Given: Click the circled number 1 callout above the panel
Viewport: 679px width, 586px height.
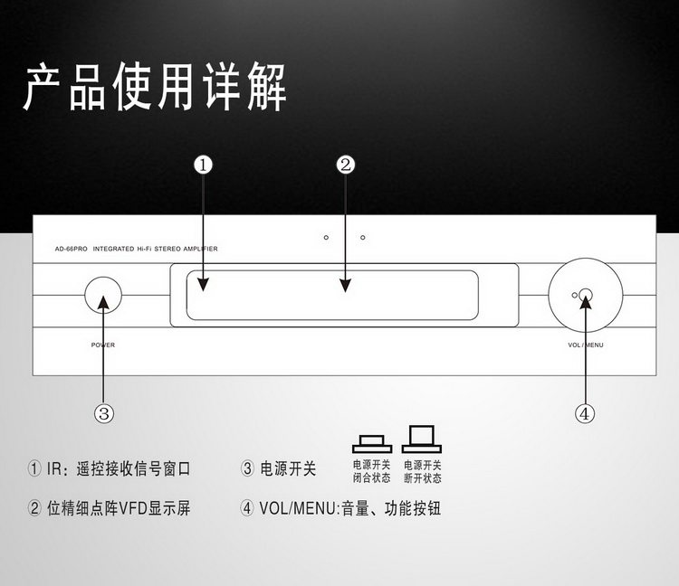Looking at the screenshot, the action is click(x=203, y=165).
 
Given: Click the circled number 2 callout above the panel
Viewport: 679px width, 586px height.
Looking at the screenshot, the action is click(x=345, y=165).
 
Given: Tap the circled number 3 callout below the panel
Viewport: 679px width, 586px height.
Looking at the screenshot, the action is click(x=104, y=413).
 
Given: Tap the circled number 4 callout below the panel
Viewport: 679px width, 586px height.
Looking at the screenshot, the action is click(x=585, y=413).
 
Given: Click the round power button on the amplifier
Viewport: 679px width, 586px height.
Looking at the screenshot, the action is click(x=103, y=296).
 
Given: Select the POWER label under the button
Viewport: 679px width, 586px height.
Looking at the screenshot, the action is click(x=103, y=345).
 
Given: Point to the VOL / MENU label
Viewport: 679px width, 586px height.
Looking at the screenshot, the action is click(x=586, y=345).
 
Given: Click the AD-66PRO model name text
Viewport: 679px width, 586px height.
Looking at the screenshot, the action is click(x=71, y=249).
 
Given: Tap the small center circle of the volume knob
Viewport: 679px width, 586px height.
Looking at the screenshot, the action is click(x=586, y=296).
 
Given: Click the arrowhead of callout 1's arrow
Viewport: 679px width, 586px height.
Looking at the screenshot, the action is click(x=203, y=285).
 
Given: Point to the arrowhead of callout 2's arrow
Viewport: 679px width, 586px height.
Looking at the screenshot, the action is click(x=345, y=286).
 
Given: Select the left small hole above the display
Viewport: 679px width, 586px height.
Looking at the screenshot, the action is click(x=326, y=238).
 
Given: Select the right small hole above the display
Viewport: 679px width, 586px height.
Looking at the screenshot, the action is click(x=363, y=238).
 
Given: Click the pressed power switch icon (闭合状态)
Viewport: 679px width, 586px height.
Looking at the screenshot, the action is click(x=372, y=444).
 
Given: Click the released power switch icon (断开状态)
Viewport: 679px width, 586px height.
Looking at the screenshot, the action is click(x=422, y=439).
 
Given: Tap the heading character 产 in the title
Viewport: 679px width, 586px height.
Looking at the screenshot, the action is click(x=43, y=87).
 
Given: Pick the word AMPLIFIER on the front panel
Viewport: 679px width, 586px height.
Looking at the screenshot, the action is click(x=200, y=249).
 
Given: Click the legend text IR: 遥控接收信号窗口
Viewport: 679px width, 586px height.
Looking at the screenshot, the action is click(x=119, y=468).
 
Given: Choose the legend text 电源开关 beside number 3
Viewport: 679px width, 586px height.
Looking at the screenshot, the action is click(x=288, y=468).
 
